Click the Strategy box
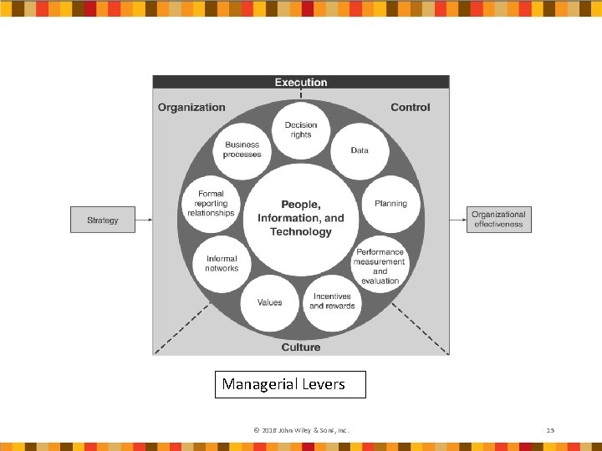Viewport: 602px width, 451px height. click(x=102, y=220)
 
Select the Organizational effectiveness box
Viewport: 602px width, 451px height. click(x=498, y=220)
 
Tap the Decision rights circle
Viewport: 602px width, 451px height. click(x=301, y=130)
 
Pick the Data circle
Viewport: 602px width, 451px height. click(x=360, y=150)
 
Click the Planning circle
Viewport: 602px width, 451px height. click(x=390, y=204)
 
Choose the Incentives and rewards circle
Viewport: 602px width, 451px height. click(x=333, y=302)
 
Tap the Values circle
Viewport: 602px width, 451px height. click(x=269, y=302)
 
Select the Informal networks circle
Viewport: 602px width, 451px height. click(x=222, y=264)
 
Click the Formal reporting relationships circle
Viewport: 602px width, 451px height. click(x=211, y=204)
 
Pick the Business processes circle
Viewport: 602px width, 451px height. click(x=242, y=149)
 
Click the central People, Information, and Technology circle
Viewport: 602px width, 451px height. click(x=301, y=218)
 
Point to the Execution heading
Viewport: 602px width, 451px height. click(x=301, y=83)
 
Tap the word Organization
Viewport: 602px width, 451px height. click(x=191, y=107)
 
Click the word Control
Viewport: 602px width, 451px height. click(x=411, y=107)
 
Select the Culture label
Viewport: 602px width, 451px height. click(x=301, y=347)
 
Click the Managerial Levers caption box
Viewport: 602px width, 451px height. click(x=290, y=384)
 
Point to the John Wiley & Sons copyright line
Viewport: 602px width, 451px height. click(x=301, y=430)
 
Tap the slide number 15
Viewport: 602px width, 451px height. click(x=550, y=430)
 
